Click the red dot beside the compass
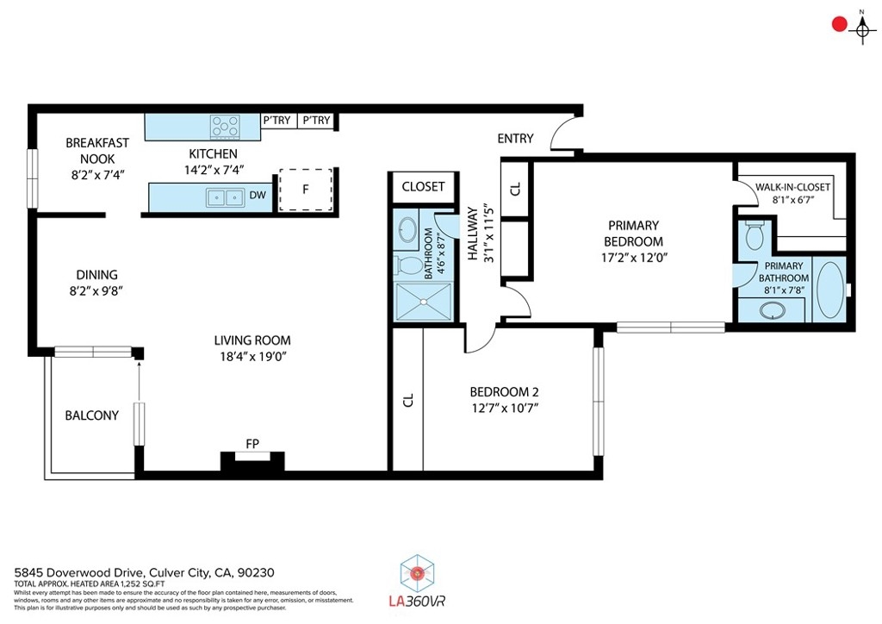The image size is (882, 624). pos(839,24)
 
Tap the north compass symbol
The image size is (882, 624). pos(861,28)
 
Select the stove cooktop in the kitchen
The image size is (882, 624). pos(225,127)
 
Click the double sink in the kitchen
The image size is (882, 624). pos(225,197)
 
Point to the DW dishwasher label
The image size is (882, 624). pos(258,196)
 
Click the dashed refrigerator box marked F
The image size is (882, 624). pos(306,190)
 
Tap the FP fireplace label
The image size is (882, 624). pos(252,444)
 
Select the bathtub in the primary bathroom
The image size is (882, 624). pos(829,290)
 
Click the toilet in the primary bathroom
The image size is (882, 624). pos(754,235)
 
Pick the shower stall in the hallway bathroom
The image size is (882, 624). pos(424,303)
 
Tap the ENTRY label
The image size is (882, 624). pos(515,139)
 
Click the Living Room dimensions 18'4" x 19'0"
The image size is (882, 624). pos(253,357)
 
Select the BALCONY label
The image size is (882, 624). pos(91,415)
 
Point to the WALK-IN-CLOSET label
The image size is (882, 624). pos(792,187)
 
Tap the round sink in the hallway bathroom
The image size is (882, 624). pos(407,230)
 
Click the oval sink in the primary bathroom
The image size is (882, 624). pos(773,310)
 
